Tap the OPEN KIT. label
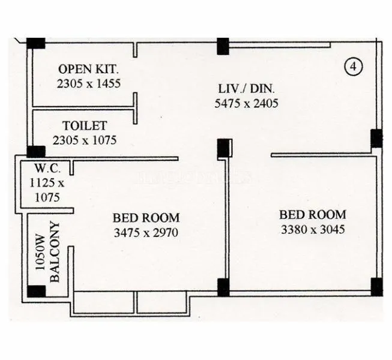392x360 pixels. click(x=88, y=68)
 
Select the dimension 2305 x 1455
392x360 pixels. click(x=88, y=83)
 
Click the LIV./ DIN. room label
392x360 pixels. click(x=246, y=89)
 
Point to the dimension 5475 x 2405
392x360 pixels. click(x=246, y=103)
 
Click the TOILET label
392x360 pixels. click(x=85, y=126)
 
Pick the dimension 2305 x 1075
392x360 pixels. click(x=85, y=140)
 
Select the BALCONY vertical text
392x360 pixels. click(x=56, y=252)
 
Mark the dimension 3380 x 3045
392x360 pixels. click(x=313, y=229)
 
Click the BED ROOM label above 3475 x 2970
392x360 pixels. click(x=146, y=218)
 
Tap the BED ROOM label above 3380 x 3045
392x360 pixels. click(x=313, y=214)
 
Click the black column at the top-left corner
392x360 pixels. click(x=36, y=43)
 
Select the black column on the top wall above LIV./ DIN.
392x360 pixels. click(x=223, y=46)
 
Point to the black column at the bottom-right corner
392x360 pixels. click(x=376, y=287)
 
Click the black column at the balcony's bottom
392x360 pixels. click(x=37, y=292)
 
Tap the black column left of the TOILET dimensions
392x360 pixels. click(x=36, y=152)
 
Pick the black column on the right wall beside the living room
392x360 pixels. click(x=376, y=139)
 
